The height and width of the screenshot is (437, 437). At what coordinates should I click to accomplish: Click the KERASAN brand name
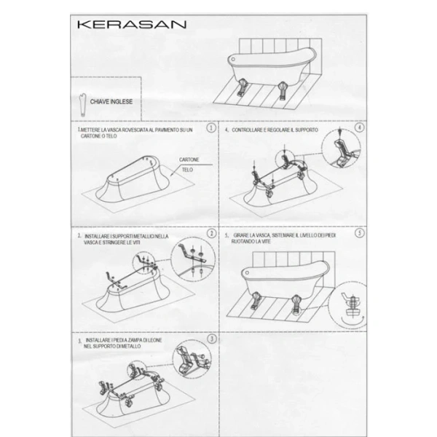point(131,24)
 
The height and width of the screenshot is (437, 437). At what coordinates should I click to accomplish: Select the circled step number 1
point(210,128)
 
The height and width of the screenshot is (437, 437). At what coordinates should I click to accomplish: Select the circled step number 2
point(212,234)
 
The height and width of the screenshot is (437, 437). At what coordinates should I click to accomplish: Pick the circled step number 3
point(211,339)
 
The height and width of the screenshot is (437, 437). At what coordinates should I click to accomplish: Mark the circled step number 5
point(360,234)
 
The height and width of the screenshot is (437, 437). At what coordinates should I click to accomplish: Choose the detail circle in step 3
point(192,362)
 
